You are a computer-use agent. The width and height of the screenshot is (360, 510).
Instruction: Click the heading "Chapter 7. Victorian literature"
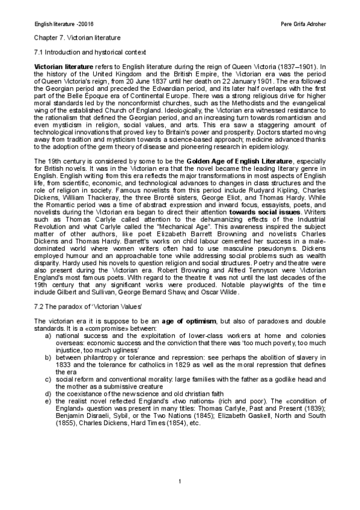pos(73,37)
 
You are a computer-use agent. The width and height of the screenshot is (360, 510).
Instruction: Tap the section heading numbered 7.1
pos(86,53)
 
